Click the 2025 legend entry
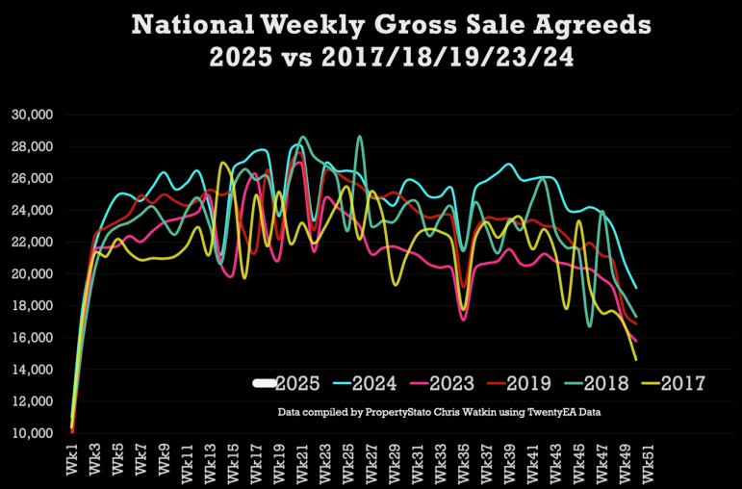[287, 383]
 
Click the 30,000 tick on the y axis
[32, 116]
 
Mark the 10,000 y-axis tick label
[32, 433]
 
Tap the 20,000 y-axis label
[32, 274]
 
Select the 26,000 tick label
[32, 178]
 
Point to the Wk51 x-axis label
[649, 459]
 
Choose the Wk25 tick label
[348, 459]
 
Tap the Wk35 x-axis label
[464, 459]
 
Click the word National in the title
[192, 24]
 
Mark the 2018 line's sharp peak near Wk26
[360, 137]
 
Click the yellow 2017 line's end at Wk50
[636, 360]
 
